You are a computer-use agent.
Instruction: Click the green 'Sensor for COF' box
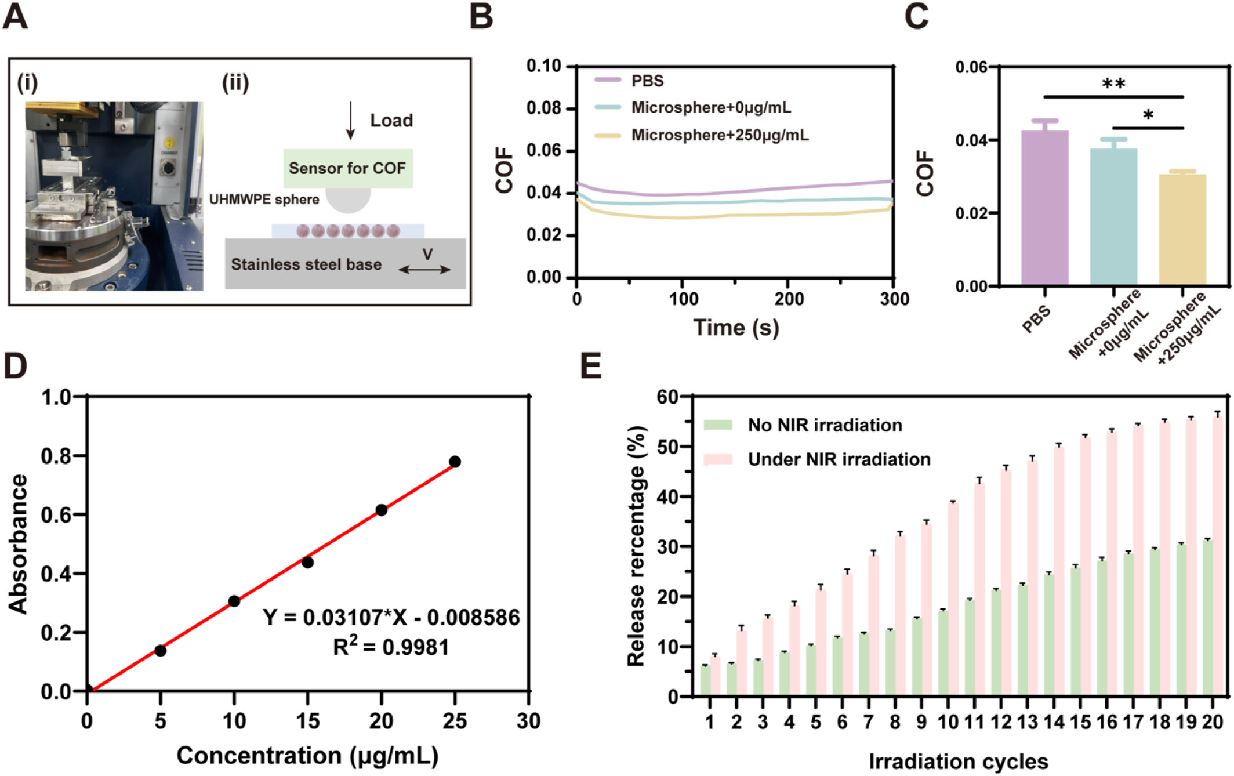click(348, 168)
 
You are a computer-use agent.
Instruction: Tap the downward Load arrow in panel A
click(350, 121)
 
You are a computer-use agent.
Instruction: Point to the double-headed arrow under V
click(425, 270)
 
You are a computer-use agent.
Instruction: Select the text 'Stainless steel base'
click(306, 264)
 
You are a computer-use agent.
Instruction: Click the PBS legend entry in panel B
click(630, 81)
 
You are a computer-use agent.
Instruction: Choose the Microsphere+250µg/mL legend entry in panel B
click(702, 135)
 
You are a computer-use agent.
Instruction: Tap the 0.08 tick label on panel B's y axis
click(544, 108)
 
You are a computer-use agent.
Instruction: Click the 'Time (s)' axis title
click(736, 328)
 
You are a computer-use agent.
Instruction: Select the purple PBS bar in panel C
click(1045, 208)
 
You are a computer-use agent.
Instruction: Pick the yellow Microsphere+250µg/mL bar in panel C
click(1182, 230)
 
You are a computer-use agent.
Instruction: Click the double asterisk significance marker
click(1113, 85)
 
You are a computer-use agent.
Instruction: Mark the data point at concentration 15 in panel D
click(308, 563)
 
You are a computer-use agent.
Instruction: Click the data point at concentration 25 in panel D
click(455, 462)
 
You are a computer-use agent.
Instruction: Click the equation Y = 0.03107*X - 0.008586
click(391, 618)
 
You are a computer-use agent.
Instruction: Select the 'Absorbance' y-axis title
click(19, 544)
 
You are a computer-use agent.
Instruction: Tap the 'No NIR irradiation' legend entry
click(803, 425)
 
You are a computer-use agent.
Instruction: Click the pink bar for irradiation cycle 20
click(1218, 556)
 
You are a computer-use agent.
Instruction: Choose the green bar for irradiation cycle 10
click(943, 653)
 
